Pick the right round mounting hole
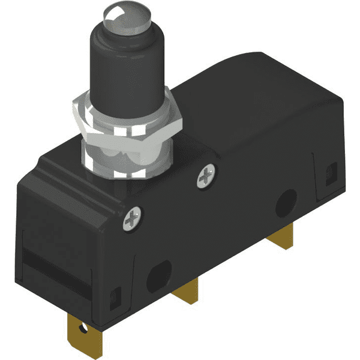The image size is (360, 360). (287, 204)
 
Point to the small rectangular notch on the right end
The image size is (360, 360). (329, 173)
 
